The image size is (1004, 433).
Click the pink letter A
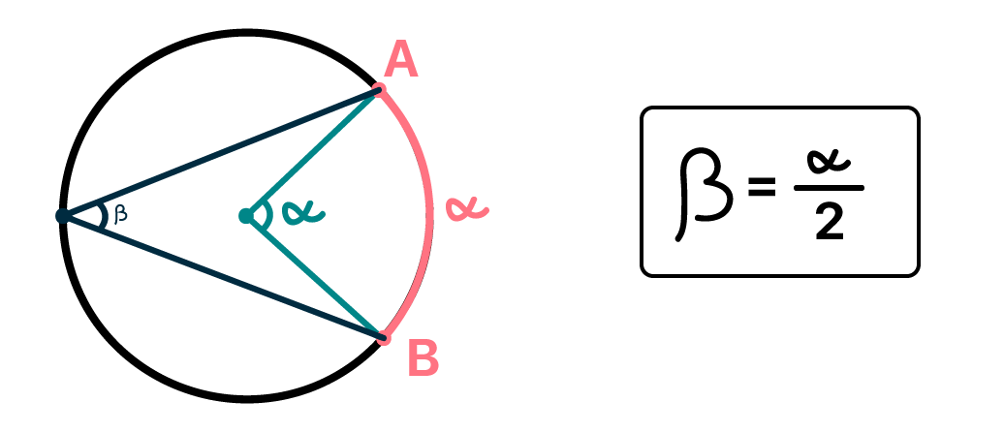[x=400, y=61]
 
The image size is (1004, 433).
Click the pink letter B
[x=423, y=358]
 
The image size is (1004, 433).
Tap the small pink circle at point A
[x=379, y=90]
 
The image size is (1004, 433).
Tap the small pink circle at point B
[x=383, y=338]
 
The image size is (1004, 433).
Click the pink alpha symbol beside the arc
[x=466, y=208]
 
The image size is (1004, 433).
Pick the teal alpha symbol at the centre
[x=301, y=212]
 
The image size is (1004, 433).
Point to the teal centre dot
[x=245, y=216]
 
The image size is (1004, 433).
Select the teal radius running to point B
[x=315, y=277]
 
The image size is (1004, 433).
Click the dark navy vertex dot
[x=63, y=216]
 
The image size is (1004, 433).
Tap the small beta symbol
[x=120, y=215]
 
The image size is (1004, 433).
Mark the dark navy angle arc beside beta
[x=104, y=216]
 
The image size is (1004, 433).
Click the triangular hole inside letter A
[x=400, y=60]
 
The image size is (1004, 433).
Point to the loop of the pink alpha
[x=459, y=208]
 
